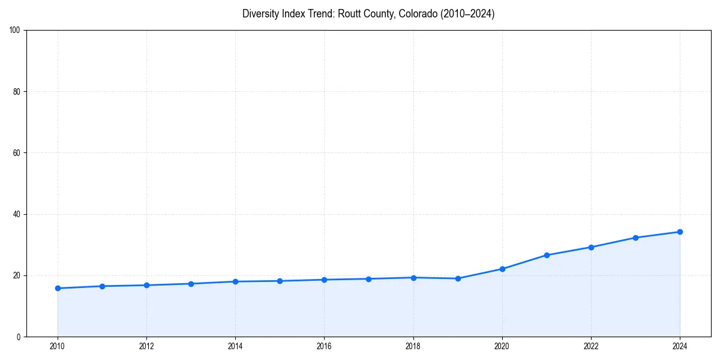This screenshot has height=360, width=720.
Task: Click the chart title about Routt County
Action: pos(368,14)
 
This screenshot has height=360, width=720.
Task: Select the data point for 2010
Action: pos(58,288)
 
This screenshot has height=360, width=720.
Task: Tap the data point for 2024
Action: pos(680,232)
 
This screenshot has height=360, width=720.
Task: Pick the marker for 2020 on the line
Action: pos(502,269)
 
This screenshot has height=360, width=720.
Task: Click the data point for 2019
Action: pos(458,278)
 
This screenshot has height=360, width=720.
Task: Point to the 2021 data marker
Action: pos(547,255)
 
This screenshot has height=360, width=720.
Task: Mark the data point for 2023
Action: pos(635,238)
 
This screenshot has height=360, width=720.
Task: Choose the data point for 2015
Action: pos(280,281)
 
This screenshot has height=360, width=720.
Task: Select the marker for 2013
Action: pos(191,284)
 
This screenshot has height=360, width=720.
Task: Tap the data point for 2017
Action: pos(368,279)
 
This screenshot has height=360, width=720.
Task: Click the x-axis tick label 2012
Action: pos(146,346)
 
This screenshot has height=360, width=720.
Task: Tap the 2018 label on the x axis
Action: pos(413,346)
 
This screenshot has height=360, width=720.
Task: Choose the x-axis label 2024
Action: pos(680,346)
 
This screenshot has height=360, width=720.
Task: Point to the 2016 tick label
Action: pos(324,346)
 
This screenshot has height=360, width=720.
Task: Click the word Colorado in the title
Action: pos(418,14)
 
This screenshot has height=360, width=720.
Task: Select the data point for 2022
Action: pos(591,247)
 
